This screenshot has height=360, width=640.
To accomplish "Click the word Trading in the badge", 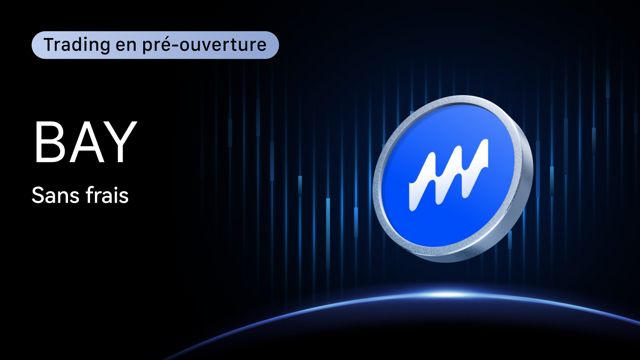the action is tap(76, 45).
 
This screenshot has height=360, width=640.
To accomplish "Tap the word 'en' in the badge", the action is tap(126, 46).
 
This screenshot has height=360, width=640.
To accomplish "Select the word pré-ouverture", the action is tap(204, 45).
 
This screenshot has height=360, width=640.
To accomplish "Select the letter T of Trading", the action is tap(50, 45).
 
